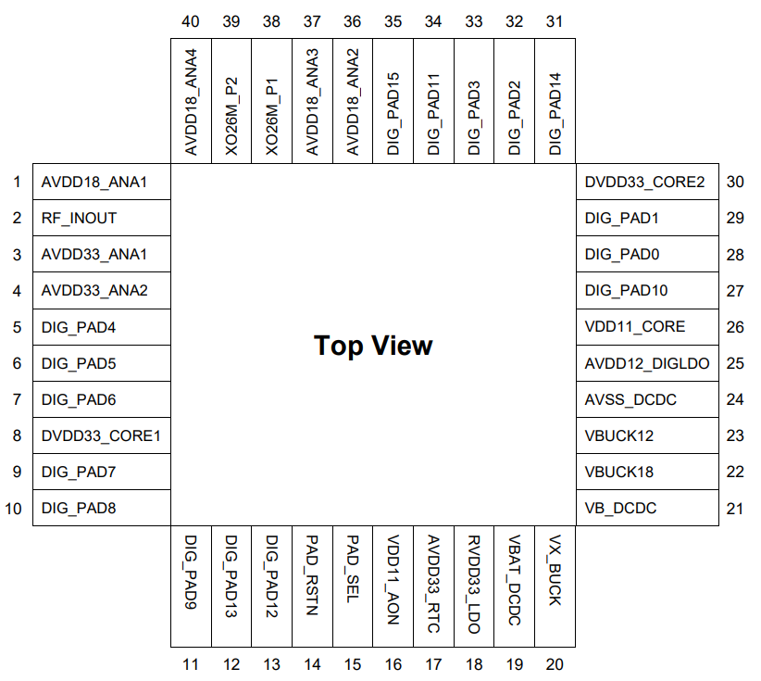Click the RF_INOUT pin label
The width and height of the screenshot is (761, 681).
(x=79, y=219)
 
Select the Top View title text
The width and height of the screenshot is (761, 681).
(x=373, y=346)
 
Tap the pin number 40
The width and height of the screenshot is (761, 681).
(x=191, y=21)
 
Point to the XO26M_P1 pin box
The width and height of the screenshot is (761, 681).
(x=272, y=101)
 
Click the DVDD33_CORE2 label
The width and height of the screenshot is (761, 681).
(x=644, y=183)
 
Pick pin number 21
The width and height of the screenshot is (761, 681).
(x=734, y=509)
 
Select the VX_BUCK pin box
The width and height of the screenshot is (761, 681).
(x=555, y=586)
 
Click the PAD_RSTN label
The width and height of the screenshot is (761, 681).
(x=312, y=575)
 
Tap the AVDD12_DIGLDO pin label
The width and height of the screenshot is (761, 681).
(x=647, y=363)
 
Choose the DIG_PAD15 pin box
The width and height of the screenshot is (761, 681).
(x=393, y=101)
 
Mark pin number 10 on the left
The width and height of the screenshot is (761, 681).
(x=13, y=509)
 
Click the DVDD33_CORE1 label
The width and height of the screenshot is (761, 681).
(x=101, y=435)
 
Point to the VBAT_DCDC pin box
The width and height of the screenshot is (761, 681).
(x=515, y=586)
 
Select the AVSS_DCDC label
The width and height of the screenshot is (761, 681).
(x=630, y=399)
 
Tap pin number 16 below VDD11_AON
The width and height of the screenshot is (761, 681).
(x=393, y=664)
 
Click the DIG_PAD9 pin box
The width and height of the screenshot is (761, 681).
(x=192, y=586)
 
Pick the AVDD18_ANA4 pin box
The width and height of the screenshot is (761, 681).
(x=192, y=101)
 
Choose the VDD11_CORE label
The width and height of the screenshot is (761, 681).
(x=635, y=327)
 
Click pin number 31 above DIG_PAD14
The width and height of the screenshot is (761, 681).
(x=555, y=21)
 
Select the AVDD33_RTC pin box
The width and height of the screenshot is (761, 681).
(x=434, y=586)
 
